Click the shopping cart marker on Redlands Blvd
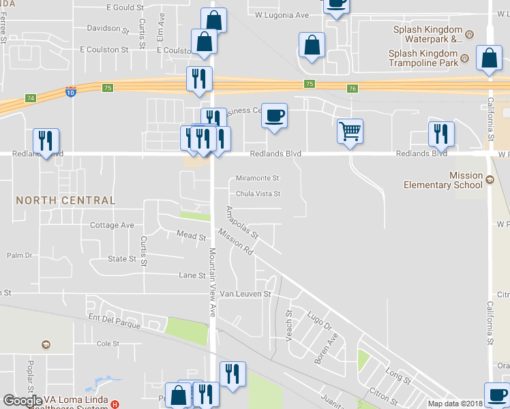click(x=350, y=130)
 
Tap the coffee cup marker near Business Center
click(x=274, y=115)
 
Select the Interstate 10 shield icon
click(x=71, y=91)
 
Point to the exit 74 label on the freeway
click(x=30, y=98)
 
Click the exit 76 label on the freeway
click(x=352, y=89)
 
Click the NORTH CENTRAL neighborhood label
click(x=65, y=200)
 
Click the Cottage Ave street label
click(x=112, y=225)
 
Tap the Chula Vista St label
click(x=258, y=194)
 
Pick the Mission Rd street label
click(x=235, y=242)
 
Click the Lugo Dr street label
click(x=318, y=318)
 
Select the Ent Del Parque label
click(x=115, y=322)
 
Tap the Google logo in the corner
click(x=23, y=401)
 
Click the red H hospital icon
click(x=115, y=404)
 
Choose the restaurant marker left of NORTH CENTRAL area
click(x=46, y=140)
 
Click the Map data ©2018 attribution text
click(x=455, y=404)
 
